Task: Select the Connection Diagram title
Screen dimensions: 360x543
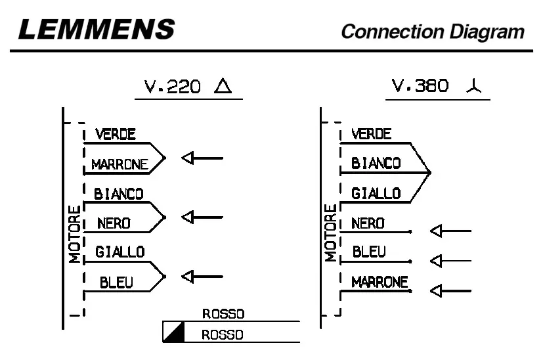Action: (x=433, y=31)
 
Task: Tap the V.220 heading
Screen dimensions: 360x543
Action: (x=173, y=87)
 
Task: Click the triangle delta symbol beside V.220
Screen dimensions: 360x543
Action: (x=223, y=86)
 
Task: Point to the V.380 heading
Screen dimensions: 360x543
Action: (x=420, y=86)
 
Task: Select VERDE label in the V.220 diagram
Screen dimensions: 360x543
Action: (x=115, y=135)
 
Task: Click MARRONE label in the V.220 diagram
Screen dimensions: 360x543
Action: (x=119, y=165)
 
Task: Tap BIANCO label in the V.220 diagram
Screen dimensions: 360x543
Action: (x=118, y=194)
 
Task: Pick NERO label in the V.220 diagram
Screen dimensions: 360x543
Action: (x=114, y=223)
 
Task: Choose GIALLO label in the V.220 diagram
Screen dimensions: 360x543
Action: (x=119, y=252)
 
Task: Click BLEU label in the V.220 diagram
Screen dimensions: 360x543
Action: (x=116, y=282)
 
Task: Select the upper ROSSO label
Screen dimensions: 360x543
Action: (x=223, y=314)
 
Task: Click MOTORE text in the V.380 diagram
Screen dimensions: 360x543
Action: (x=330, y=233)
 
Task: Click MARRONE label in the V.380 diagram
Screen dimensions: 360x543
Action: (x=380, y=282)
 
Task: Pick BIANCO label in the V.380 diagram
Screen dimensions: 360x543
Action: (x=376, y=164)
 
